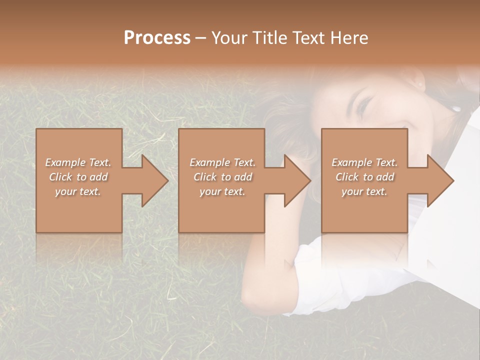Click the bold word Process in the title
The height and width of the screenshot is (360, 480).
[x=157, y=38]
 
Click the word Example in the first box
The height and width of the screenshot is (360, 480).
[x=65, y=162]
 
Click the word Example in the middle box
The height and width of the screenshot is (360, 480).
[x=209, y=162]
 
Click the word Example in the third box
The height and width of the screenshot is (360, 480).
[x=351, y=162]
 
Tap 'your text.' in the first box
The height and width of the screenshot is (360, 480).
[x=78, y=191]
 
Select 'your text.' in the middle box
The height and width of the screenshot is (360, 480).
[x=222, y=191]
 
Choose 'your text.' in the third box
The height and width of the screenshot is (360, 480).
[x=364, y=191]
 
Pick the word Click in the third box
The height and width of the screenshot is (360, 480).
[x=347, y=177]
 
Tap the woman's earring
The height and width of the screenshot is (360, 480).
[x=456, y=108]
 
